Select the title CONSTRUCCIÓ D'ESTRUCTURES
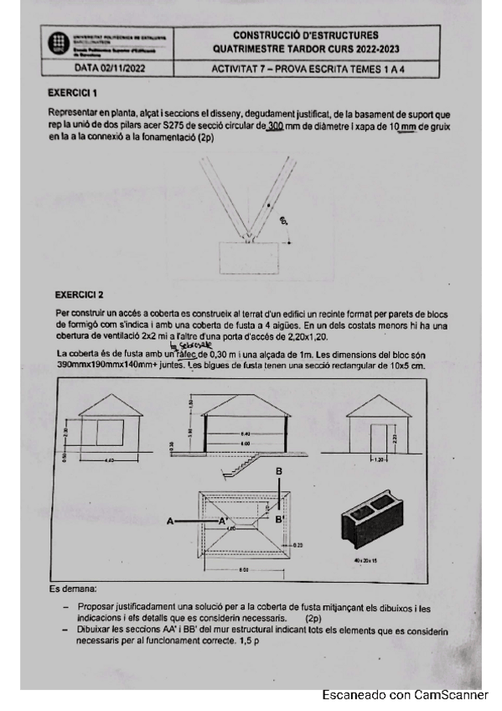point(305,35)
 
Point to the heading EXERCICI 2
point(79,295)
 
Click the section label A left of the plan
point(170,521)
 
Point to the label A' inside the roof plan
point(224,521)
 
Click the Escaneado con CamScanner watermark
point(405,695)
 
